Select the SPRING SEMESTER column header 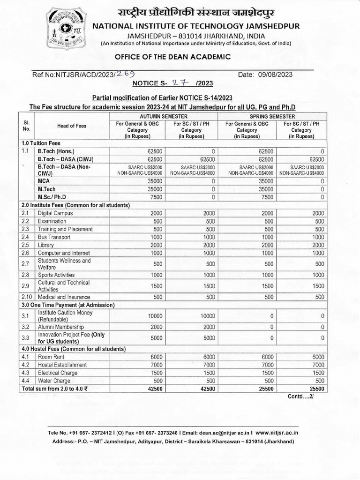[273, 116]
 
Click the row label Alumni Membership [61, 326]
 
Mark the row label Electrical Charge [59, 373]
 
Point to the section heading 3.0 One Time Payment [68, 305]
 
